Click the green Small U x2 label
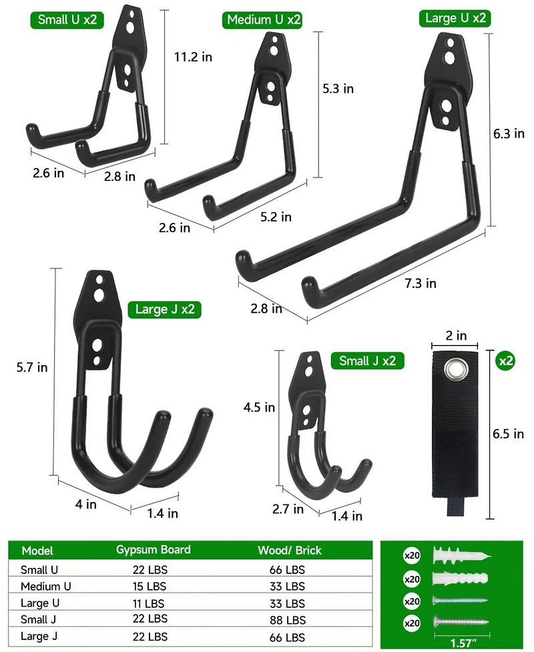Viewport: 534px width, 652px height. (x=67, y=20)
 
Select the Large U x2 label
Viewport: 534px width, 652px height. (x=455, y=18)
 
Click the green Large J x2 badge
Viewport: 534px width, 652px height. (x=165, y=310)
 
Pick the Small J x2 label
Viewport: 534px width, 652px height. (x=367, y=360)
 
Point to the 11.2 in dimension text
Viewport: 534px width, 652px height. (x=193, y=57)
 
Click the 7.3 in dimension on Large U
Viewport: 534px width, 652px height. (x=421, y=284)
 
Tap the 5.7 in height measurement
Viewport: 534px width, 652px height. (x=32, y=367)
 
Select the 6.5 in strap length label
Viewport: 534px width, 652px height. (x=508, y=434)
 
